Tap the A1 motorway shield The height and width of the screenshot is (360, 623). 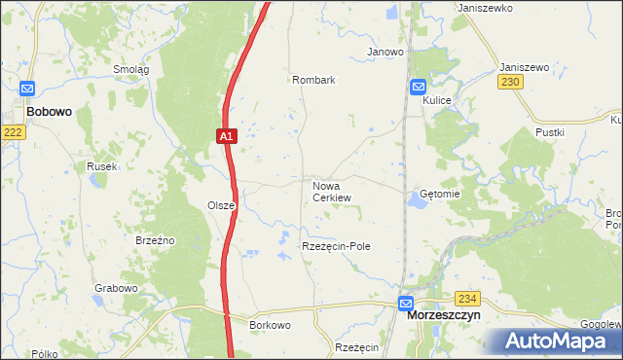225,137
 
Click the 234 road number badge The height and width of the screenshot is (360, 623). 468,299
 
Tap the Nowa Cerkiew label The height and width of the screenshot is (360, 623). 331,191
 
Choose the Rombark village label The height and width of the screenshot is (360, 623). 312,81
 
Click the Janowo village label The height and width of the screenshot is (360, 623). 385,52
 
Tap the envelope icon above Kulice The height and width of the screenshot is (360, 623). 418,86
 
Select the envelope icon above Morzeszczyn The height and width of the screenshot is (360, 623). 406,303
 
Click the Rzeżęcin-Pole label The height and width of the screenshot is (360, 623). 336,247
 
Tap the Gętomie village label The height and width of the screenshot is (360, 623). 439,194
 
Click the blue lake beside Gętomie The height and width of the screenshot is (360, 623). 420,199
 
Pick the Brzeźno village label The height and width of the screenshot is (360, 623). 154,239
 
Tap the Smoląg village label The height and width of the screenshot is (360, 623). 130,70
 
